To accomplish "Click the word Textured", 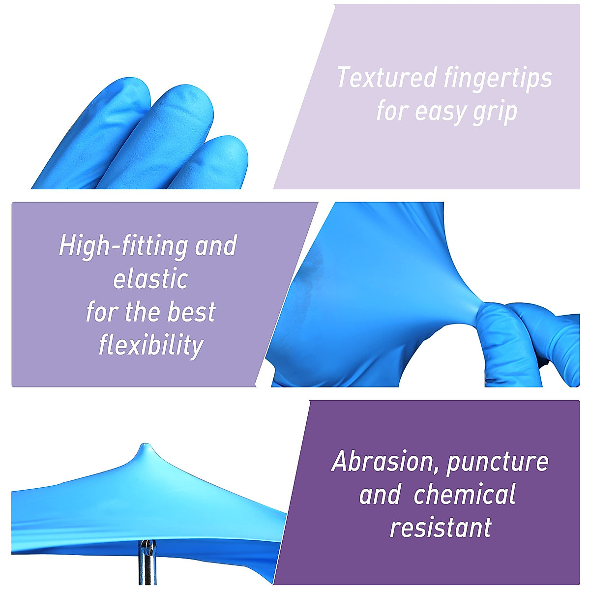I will click(386, 78).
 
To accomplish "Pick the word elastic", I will click(150, 279).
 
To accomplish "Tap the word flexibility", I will click(150, 345).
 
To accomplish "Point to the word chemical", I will click(465, 495).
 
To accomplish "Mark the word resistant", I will click(441, 528).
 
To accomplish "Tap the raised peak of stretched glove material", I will click(145, 448).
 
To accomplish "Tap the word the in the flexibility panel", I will click(139, 312).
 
